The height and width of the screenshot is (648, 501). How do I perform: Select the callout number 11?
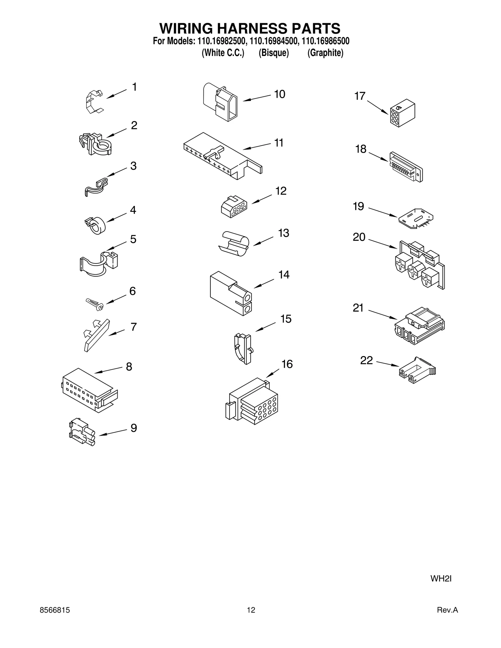(279, 143)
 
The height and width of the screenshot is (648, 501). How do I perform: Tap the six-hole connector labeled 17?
(402, 113)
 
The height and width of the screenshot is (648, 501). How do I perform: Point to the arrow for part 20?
(383, 244)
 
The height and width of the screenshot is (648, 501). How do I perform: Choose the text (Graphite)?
(325, 53)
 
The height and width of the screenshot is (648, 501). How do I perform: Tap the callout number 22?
(366, 360)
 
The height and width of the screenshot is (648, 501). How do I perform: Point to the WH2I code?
(441, 579)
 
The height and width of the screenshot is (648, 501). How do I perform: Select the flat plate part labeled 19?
(416, 218)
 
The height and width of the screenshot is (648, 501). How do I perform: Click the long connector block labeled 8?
(89, 390)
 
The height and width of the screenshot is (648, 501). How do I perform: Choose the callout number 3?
(133, 166)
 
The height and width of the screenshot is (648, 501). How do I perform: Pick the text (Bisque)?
(274, 53)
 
